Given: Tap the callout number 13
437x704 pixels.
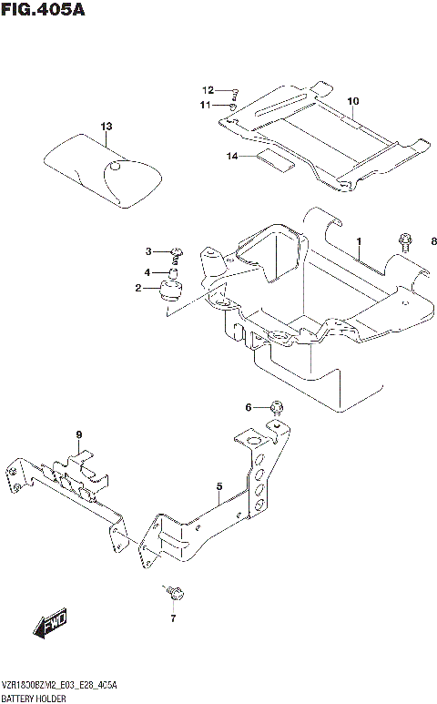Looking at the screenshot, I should tap(107, 126).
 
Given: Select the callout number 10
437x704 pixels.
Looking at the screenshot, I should tap(353, 100).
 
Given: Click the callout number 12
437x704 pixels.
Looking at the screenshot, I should tap(208, 90).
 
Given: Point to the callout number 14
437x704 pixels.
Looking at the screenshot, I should tap(232, 157).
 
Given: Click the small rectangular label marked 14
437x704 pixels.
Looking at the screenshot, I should tap(275, 162).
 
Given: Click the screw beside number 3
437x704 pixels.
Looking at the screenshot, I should tap(176, 253).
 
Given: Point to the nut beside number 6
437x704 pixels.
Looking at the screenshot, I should tap(278, 407).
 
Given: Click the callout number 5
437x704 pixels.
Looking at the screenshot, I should tap(219, 487).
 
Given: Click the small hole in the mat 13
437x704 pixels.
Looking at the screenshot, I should tap(115, 167).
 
